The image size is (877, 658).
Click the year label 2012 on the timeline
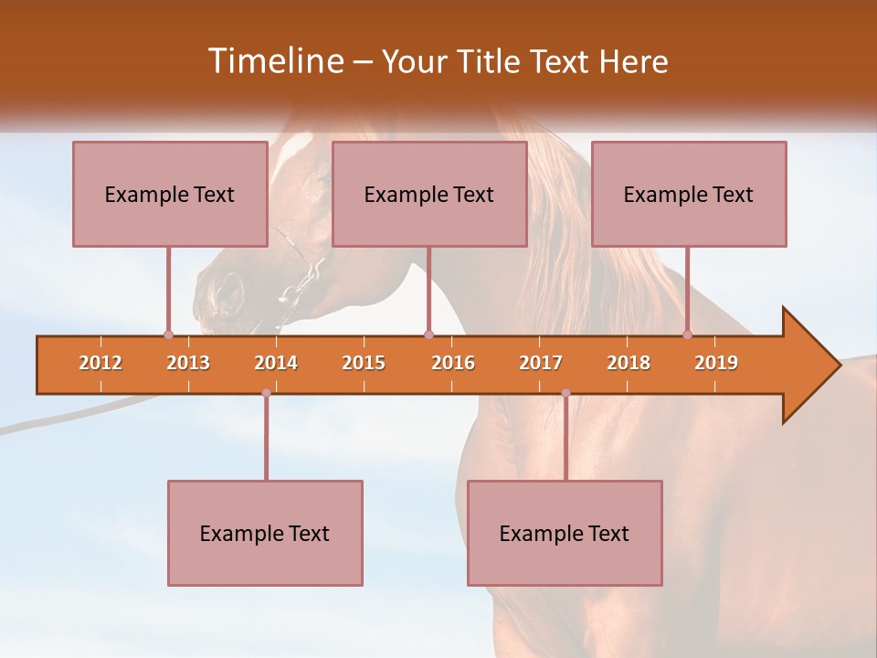click(100, 363)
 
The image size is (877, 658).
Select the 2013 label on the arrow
click(188, 363)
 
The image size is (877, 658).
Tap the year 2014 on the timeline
click(276, 363)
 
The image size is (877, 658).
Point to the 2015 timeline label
click(364, 363)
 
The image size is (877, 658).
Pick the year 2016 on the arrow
click(453, 363)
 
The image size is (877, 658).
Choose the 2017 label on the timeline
click(541, 363)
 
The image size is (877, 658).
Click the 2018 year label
click(629, 363)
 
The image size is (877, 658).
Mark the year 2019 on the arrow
click(716, 363)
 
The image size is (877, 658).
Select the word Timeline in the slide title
click(274, 61)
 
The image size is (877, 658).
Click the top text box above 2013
click(170, 194)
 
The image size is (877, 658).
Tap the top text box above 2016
click(429, 194)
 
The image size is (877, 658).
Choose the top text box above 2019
click(689, 194)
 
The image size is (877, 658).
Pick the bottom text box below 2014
click(265, 533)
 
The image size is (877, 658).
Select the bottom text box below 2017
click(565, 533)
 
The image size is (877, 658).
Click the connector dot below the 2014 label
click(266, 393)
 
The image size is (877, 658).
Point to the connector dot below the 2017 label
click(565, 393)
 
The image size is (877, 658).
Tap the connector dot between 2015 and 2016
click(429, 334)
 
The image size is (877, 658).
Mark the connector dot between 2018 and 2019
click(688, 334)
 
